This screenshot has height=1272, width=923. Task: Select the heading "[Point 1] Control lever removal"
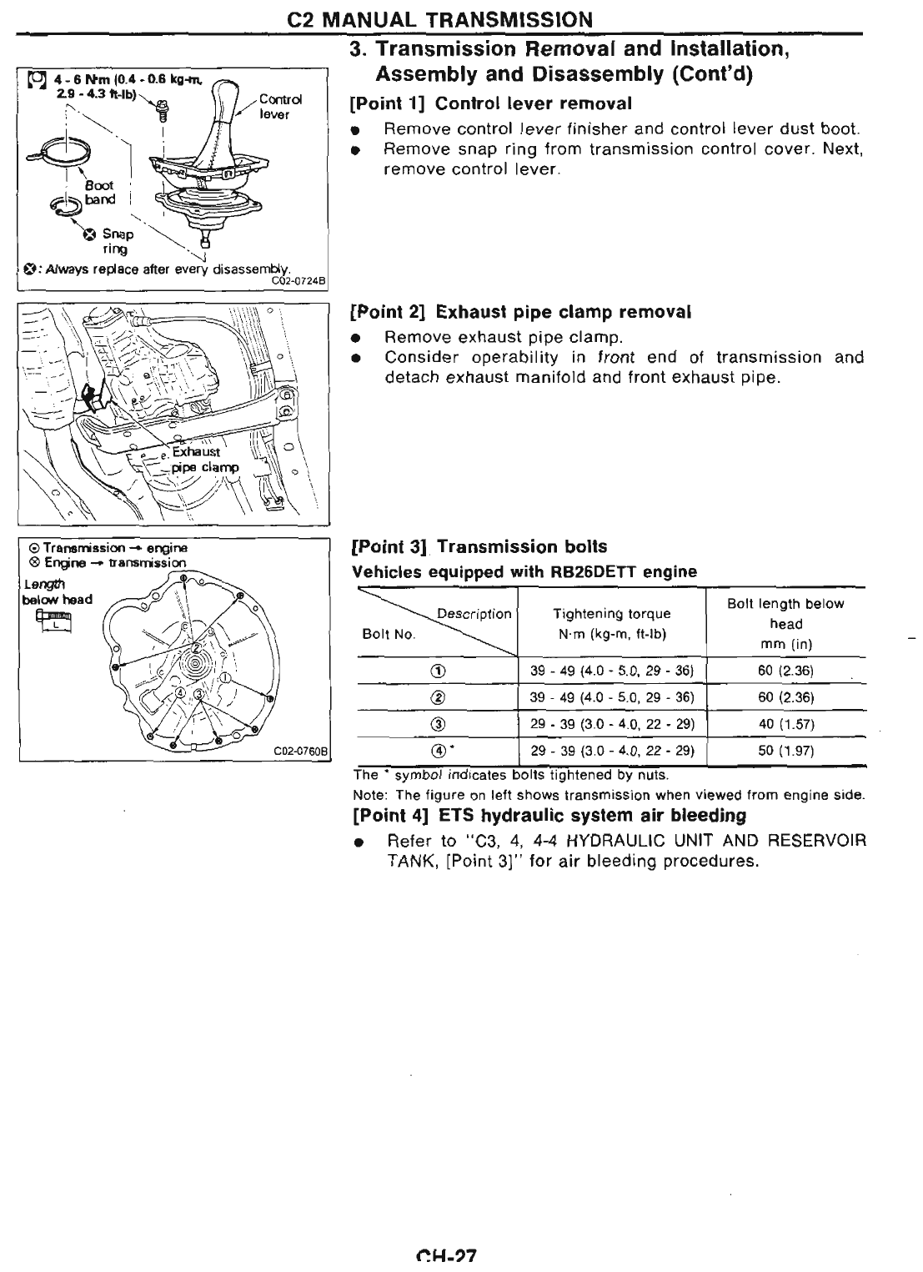click(491, 103)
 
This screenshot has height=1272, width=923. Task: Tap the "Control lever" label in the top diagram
click(275, 107)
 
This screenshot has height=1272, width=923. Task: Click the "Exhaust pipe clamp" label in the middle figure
click(202, 460)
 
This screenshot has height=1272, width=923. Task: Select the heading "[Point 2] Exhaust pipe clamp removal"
click(521, 312)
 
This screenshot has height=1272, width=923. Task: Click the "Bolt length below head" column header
click(785, 623)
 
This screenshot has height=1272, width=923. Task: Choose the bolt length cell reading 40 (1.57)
click(785, 724)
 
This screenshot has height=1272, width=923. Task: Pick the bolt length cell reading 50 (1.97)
click(785, 751)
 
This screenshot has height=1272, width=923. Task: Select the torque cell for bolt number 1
click(611, 671)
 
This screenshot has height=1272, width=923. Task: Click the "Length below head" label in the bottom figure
click(57, 591)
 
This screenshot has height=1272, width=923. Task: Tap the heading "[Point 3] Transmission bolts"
click(479, 547)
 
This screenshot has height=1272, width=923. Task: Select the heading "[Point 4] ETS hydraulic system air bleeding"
click(549, 814)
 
